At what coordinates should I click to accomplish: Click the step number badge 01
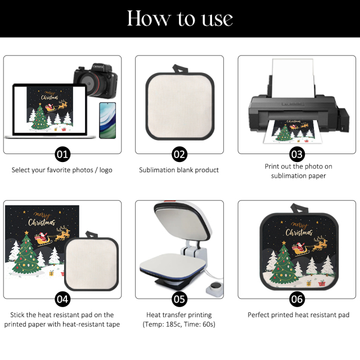pos(62,154)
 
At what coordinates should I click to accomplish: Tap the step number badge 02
pos(179,154)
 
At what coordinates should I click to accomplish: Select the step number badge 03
pos(297,154)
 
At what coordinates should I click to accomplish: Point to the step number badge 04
pos(62,299)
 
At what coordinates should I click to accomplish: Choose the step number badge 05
pos(179,299)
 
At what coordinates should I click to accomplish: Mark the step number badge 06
pos(297,299)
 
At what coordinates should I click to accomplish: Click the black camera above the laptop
pos(95,82)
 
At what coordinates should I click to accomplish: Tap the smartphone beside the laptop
pos(104,120)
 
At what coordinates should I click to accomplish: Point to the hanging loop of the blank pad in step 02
pos(179,69)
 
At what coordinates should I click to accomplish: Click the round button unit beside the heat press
pos(214,290)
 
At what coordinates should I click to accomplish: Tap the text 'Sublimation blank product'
pos(179,170)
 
